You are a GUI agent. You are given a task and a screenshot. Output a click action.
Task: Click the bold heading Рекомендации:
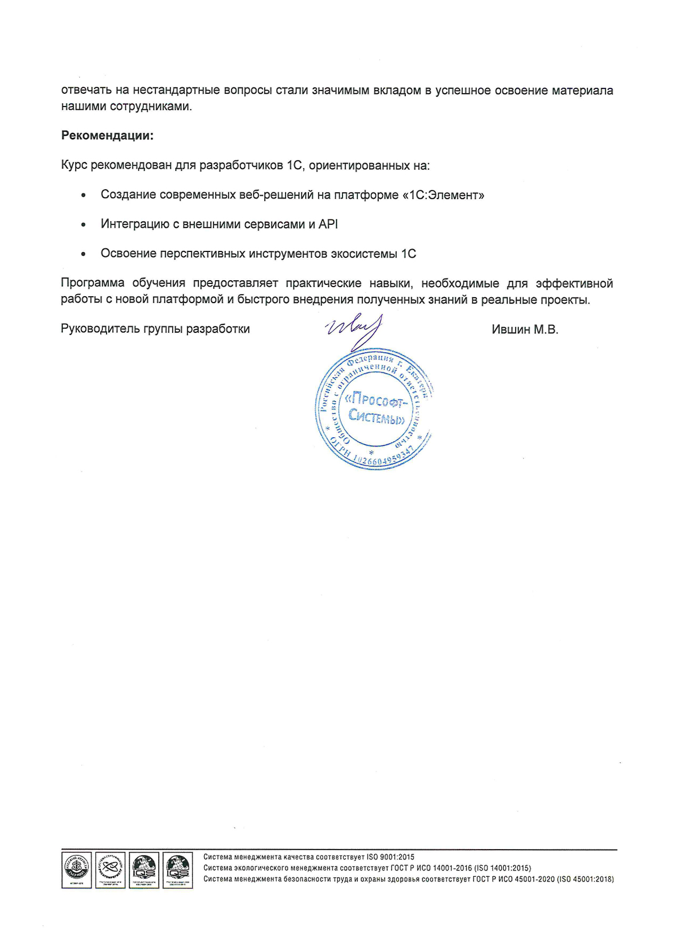pyautogui.click(x=107, y=135)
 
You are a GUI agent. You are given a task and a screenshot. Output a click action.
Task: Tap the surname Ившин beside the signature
pyautogui.click(x=511, y=330)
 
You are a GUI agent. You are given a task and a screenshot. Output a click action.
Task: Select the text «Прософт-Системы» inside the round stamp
pyautogui.click(x=376, y=408)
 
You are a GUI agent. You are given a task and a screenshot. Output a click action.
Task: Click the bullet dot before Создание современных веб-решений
pyautogui.click(x=83, y=195)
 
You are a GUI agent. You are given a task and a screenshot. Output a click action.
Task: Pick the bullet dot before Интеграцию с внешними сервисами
pyautogui.click(x=83, y=225)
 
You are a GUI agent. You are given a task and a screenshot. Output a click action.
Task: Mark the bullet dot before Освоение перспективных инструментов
pyautogui.click(x=83, y=254)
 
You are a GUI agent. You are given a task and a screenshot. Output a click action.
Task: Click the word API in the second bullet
pyautogui.click(x=328, y=224)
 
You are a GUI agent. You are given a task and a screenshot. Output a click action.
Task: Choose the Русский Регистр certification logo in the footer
pyautogui.click(x=77, y=870)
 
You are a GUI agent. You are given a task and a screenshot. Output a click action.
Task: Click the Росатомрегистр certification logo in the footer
pyautogui.click(x=110, y=870)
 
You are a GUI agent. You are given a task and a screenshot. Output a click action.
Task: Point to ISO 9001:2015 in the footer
pyautogui.click(x=390, y=857)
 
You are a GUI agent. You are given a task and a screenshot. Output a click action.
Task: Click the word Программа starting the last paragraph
pyautogui.click(x=92, y=283)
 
